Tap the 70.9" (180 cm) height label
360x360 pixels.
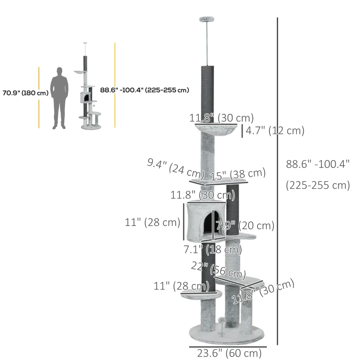[x=25, y=93]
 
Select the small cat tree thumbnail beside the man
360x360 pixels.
[x=89, y=90]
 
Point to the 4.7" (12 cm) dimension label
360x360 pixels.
[x=275, y=131]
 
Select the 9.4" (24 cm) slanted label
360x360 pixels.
[x=175, y=168]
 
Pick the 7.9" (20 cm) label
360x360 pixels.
[x=245, y=225]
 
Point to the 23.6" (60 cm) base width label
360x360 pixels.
[x=229, y=353]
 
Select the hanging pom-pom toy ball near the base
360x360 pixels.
[x=222, y=319]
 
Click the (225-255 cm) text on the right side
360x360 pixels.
[x=318, y=185]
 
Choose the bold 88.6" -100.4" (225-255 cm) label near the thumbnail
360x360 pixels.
[x=144, y=90]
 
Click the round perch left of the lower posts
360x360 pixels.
[x=201, y=294]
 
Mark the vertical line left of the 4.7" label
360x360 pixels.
[x=242, y=131]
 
